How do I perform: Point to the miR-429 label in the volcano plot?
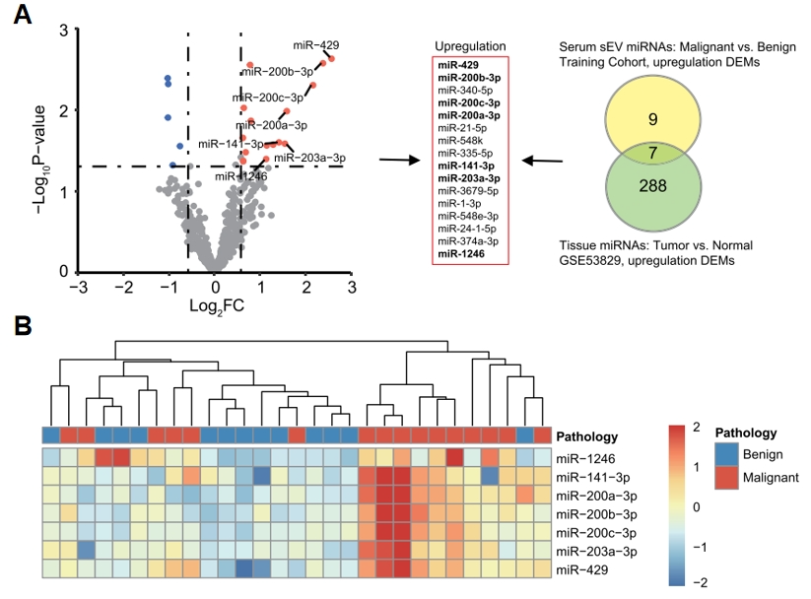pyautogui.click(x=316, y=46)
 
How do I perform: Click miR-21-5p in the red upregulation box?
pyautogui.click(x=469, y=128)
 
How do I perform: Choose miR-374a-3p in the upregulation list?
pyautogui.click(x=469, y=240)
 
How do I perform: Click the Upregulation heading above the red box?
pyautogui.click(x=470, y=46)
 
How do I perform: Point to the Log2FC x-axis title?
pyautogui.click(x=217, y=306)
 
